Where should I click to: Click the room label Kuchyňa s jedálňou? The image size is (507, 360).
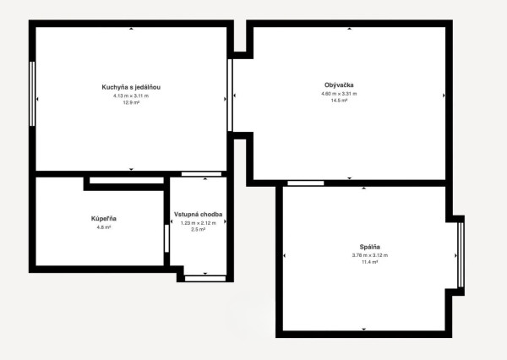[x=131, y=87]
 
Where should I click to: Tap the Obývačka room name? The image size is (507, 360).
[x=339, y=85]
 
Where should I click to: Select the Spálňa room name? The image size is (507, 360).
[x=370, y=247]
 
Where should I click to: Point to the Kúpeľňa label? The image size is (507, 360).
[x=104, y=219]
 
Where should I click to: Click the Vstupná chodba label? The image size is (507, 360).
[x=199, y=214]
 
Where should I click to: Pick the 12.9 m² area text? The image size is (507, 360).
[x=131, y=103]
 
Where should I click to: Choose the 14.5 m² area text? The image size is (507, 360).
[x=339, y=101]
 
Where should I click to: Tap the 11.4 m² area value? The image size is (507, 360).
[x=370, y=262]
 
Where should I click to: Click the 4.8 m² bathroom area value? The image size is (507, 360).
[x=104, y=227]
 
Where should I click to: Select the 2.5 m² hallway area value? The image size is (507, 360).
[x=199, y=230]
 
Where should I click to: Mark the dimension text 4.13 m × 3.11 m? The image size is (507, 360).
[x=131, y=95]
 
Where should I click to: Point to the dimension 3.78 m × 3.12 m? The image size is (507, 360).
[x=370, y=255]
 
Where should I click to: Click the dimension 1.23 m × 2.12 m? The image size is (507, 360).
[x=199, y=223]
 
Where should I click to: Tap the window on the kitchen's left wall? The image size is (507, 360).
[x=32, y=94]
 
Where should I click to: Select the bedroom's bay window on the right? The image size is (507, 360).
[x=461, y=255]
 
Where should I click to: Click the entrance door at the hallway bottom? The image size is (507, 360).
[x=205, y=279]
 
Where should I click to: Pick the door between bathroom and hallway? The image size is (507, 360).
[x=166, y=238]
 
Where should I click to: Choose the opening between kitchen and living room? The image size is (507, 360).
[x=230, y=95]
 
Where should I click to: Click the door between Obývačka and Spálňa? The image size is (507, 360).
[x=306, y=183]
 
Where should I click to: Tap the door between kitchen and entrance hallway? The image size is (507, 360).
[x=201, y=174]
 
